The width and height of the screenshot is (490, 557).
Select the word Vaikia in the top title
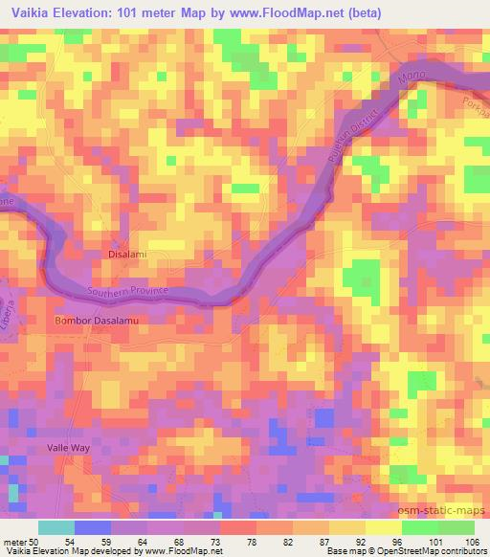[x=34, y=14]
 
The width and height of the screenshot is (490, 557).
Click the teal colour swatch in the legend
[x=56, y=527]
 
